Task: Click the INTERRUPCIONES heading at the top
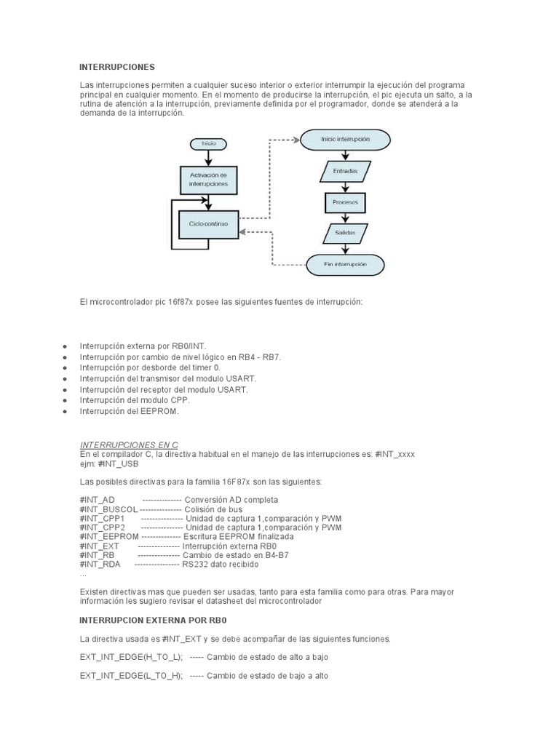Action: (x=117, y=67)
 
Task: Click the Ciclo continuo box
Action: (x=209, y=224)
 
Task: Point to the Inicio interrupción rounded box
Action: (x=345, y=138)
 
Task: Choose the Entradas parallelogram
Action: (x=345, y=172)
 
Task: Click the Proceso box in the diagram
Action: (x=345, y=202)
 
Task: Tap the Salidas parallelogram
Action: (x=345, y=233)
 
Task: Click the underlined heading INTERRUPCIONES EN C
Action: (x=128, y=444)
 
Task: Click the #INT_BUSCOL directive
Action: (x=108, y=509)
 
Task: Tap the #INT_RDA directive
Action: (x=101, y=564)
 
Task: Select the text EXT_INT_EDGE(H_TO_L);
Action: (x=131, y=657)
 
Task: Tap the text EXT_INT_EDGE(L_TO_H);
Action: (x=131, y=676)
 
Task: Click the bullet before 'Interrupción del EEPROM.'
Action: (x=66, y=412)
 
